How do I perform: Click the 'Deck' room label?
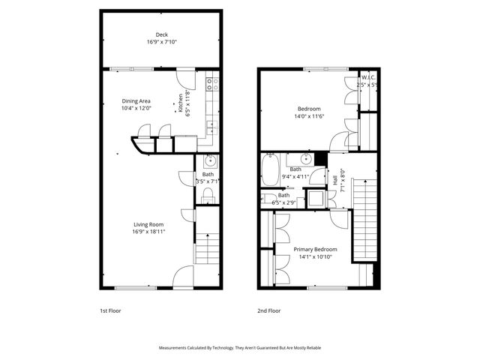click(x=161, y=34)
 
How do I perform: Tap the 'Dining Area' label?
click(x=136, y=100)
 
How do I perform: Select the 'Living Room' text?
click(x=148, y=224)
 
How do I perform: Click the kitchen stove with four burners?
click(x=212, y=81)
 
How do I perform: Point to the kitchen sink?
click(x=212, y=124)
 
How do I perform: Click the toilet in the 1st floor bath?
click(x=209, y=196)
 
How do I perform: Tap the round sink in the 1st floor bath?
click(x=210, y=160)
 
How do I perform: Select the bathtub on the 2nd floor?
click(x=271, y=169)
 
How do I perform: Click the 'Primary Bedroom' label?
click(x=315, y=249)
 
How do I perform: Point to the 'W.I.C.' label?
click(x=368, y=77)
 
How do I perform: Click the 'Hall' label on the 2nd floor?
click(x=335, y=181)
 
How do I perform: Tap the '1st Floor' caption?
click(x=110, y=310)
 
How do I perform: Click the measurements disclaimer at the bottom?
click(x=239, y=348)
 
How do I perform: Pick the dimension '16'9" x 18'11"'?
click(x=148, y=232)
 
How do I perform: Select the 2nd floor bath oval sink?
click(x=306, y=159)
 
